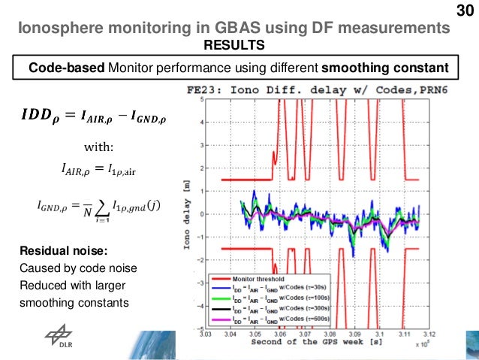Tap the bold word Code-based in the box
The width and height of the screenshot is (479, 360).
pos(67,68)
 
